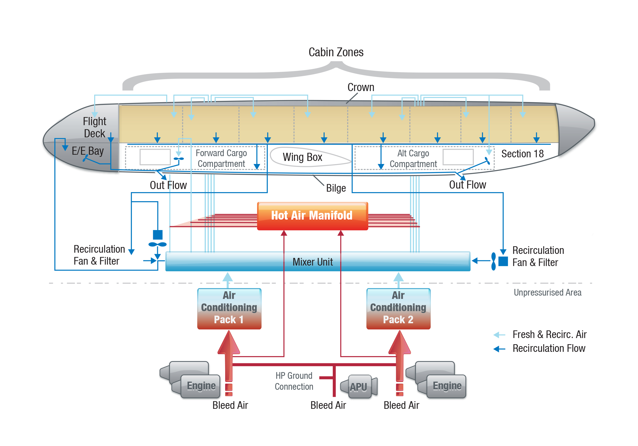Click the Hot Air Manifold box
[x=313, y=216]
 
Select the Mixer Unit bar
[x=318, y=261]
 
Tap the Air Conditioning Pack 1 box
[x=229, y=309]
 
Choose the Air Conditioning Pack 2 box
[x=399, y=309]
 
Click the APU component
[x=359, y=387]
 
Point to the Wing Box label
[x=302, y=157]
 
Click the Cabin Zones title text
[x=336, y=52]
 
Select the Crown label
[x=361, y=87]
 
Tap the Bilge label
[x=336, y=188]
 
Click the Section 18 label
[x=522, y=154]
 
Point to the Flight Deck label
[x=94, y=128]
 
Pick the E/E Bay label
[x=88, y=151]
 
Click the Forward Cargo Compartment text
[x=221, y=158]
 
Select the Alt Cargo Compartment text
[x=413, y=158]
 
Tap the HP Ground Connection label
[x=294, y=381]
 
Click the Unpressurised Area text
[x=547, y=292]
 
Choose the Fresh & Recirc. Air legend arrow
[x=499, y=335]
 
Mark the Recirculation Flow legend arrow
[x=499, y=349]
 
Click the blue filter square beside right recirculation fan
[x=503, y=261]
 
